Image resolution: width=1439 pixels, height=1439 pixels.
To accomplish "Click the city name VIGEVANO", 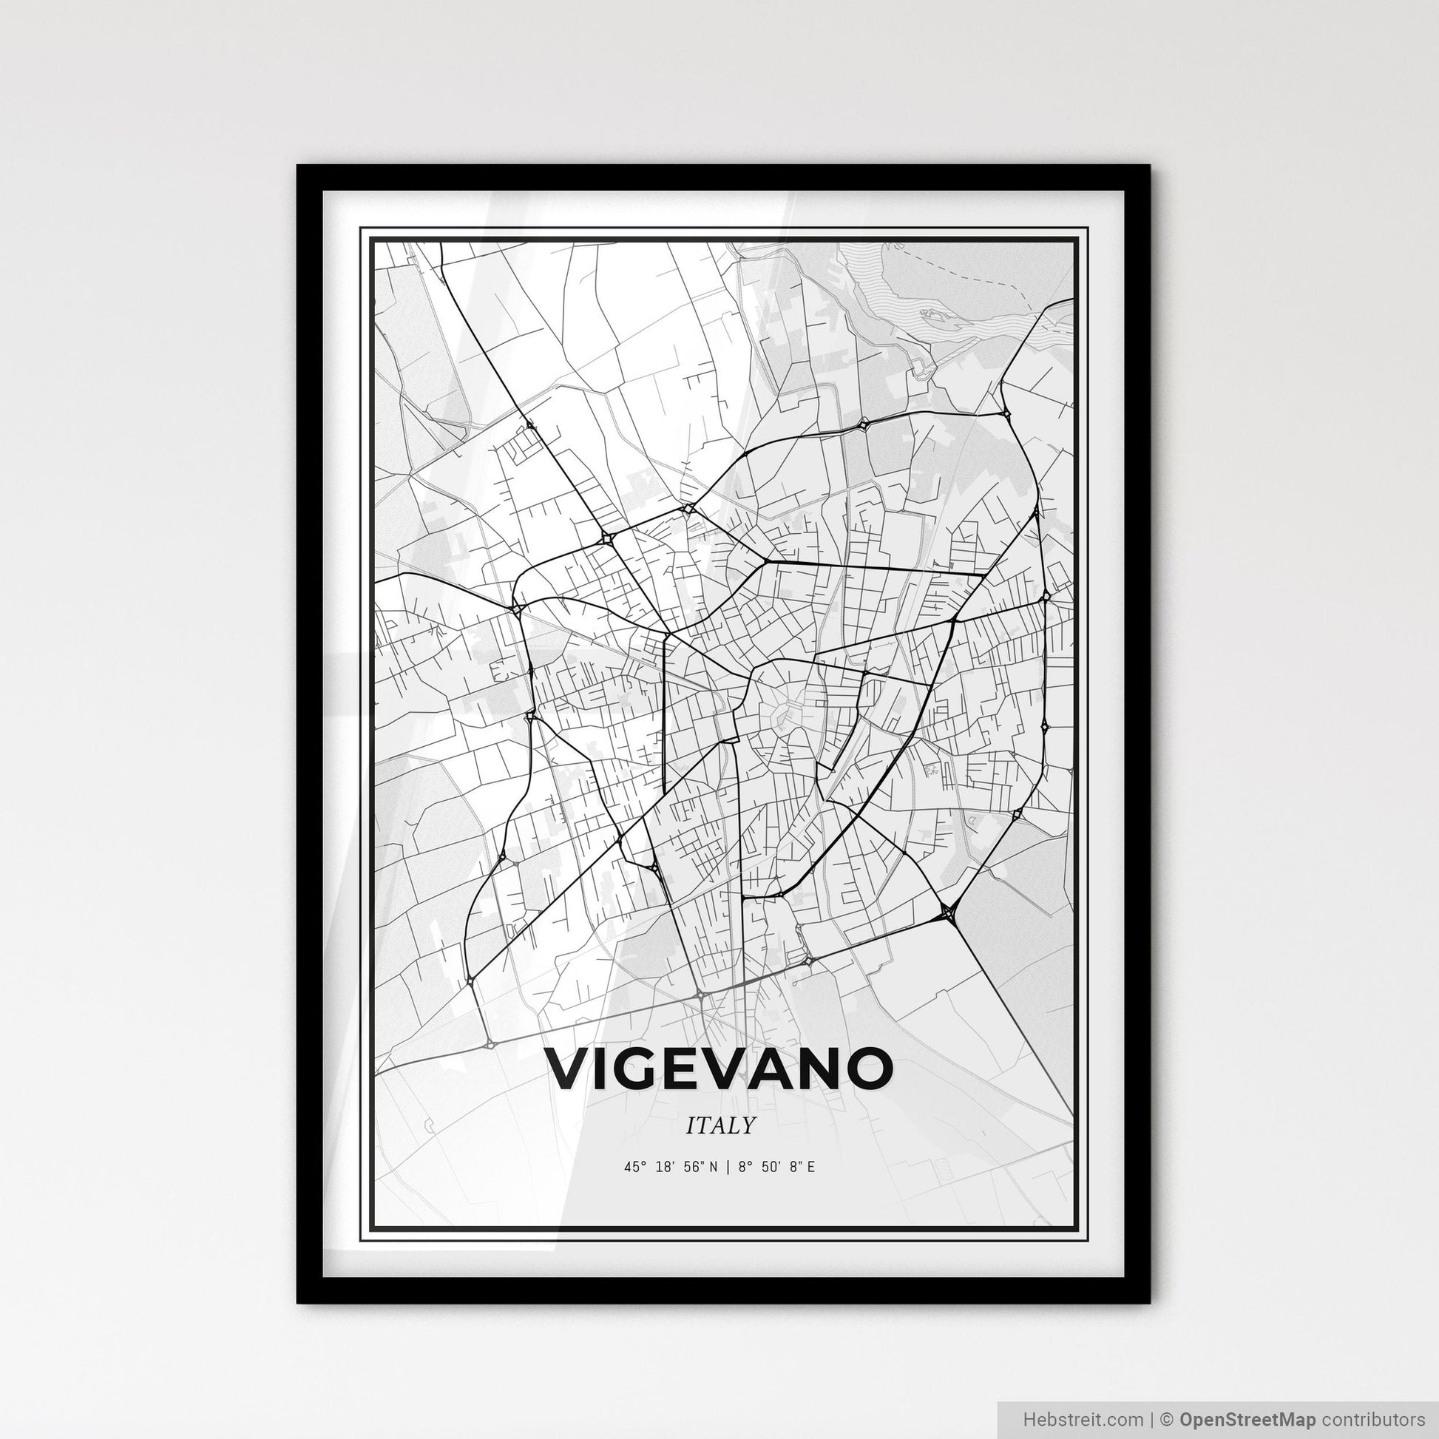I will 719,1068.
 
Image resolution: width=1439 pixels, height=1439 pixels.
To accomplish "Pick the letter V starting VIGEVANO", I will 569,1068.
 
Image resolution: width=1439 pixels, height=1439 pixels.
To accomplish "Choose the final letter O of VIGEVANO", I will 868,1068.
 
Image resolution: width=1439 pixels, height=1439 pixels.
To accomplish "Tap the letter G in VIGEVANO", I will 644,1068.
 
